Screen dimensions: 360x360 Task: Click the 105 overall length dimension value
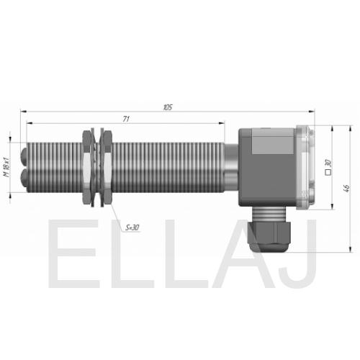coord(168,107)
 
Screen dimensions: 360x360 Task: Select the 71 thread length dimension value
coord(126,119)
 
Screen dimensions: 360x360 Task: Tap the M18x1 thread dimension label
coord(7,167)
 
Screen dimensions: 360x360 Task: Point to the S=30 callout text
coord(132,228)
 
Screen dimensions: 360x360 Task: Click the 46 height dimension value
coord(346,188)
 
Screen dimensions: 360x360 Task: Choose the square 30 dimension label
coord(328,168)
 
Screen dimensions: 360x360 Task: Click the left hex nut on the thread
coord(87,167)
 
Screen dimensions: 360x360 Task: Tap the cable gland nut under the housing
coord(269,236)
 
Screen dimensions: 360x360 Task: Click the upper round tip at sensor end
coord(24,156)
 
